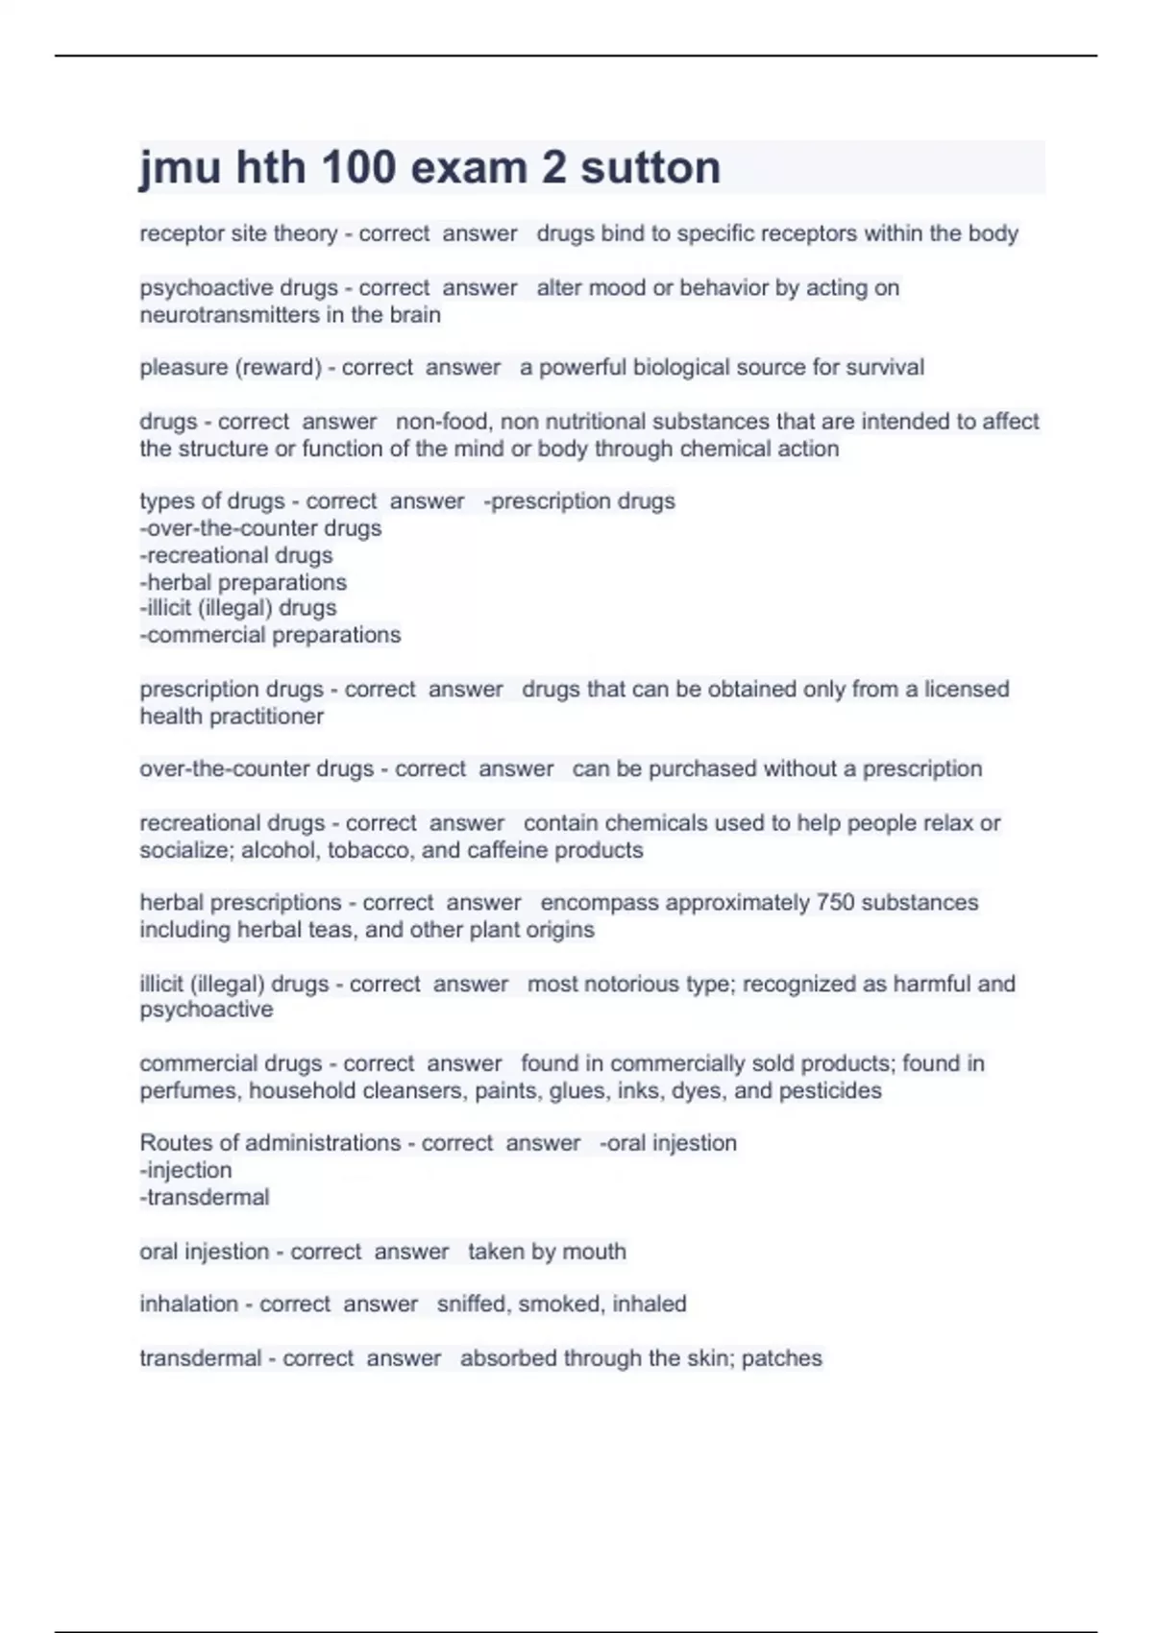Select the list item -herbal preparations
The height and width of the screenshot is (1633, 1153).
(243, 582)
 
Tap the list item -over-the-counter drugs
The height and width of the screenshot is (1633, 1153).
(260, 528)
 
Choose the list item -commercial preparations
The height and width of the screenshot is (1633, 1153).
(270, 635)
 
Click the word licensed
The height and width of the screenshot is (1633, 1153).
(967, 690)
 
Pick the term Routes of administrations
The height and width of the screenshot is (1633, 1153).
(270, 1143)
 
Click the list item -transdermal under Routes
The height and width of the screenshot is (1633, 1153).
(205, 1198)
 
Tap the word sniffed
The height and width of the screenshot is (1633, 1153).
(474, 1304)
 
